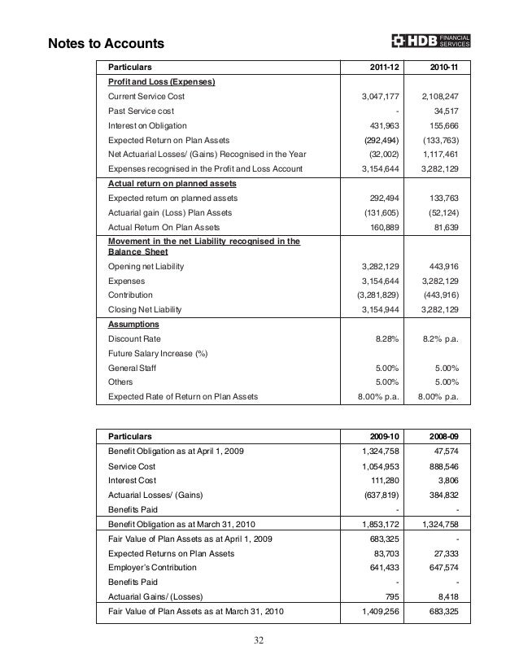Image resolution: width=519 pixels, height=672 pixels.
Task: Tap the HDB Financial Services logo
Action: click(442, 41)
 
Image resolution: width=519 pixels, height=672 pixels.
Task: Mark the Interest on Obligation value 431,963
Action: click(382, 125)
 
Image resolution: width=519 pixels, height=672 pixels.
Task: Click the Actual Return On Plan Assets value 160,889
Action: click(382, 228)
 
